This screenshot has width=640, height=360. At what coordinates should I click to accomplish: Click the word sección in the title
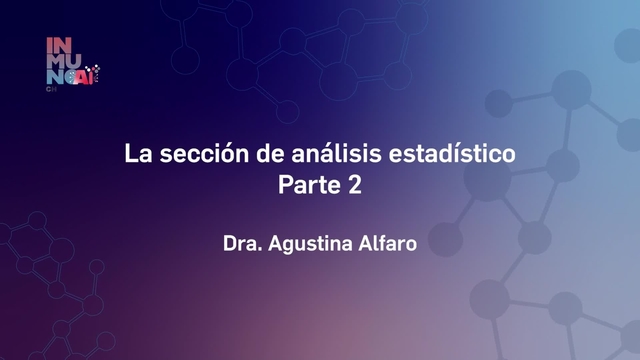point(187,156)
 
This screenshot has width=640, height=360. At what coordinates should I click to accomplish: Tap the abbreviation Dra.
point(242,243)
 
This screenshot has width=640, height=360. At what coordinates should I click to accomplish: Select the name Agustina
point(310,243)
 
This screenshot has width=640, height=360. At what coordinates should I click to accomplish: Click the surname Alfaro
point(386,243)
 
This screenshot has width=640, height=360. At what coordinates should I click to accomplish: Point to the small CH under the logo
point(51,88)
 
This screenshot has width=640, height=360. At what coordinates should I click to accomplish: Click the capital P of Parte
point(284,185)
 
